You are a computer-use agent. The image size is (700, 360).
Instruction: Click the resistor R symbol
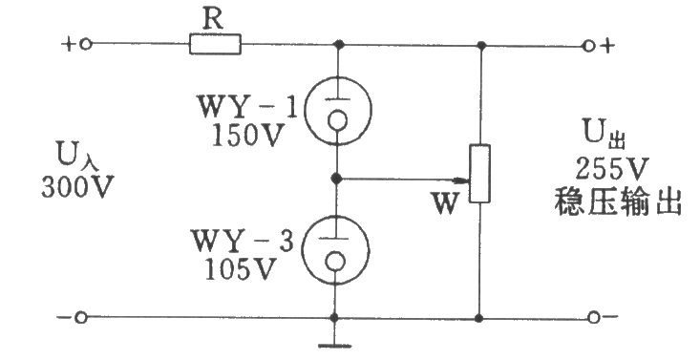215,44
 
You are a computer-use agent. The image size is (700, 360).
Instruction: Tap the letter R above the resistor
213,20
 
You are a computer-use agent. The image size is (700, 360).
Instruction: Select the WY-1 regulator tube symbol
337,110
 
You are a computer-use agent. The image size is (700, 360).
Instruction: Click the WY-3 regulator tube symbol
335,250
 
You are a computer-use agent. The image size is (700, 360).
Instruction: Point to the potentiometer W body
480,173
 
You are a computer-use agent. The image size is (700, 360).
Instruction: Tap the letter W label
445,203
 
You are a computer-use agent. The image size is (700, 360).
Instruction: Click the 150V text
247,135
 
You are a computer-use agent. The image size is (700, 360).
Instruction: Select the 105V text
239,269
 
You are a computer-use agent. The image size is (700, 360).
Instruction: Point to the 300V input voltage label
77,186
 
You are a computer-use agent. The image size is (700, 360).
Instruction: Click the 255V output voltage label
611,169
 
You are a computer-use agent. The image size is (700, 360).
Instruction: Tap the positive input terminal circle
86,44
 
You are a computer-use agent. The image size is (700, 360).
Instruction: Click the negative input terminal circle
81,318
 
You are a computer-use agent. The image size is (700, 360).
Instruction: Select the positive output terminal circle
589,46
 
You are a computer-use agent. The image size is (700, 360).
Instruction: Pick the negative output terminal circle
593,318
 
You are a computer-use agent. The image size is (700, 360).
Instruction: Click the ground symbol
334,345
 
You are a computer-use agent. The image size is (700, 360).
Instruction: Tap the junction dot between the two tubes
337,179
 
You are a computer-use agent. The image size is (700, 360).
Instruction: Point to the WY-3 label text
244,242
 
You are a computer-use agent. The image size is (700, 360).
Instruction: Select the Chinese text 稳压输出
618,202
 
